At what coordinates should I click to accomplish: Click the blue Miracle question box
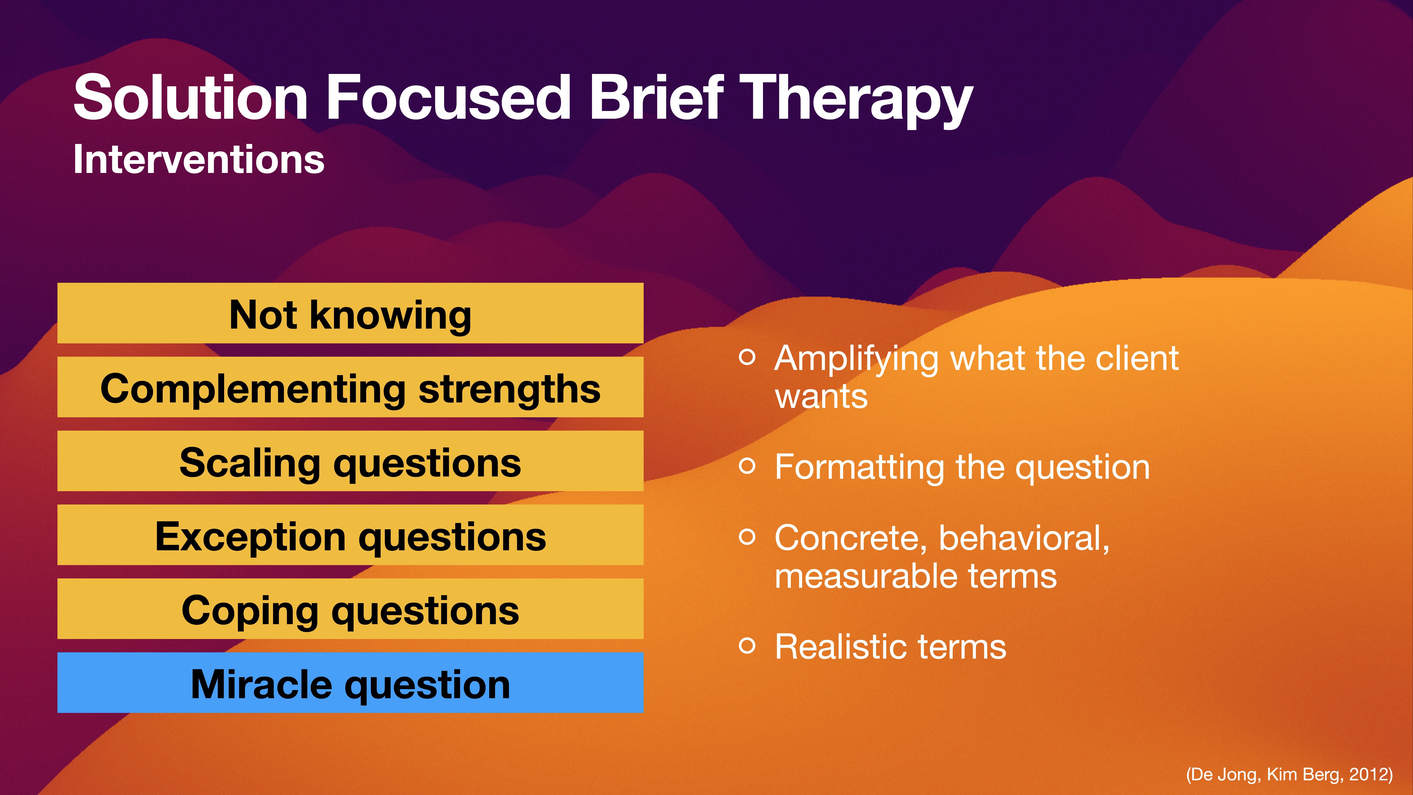pos(350,682)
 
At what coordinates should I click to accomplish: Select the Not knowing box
pos(350,313)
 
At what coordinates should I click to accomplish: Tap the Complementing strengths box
pos(350,387)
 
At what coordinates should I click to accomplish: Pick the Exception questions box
pos(350,535)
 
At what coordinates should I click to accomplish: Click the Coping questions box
pos(350,609)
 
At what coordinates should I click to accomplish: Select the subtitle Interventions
pos(199,160)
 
